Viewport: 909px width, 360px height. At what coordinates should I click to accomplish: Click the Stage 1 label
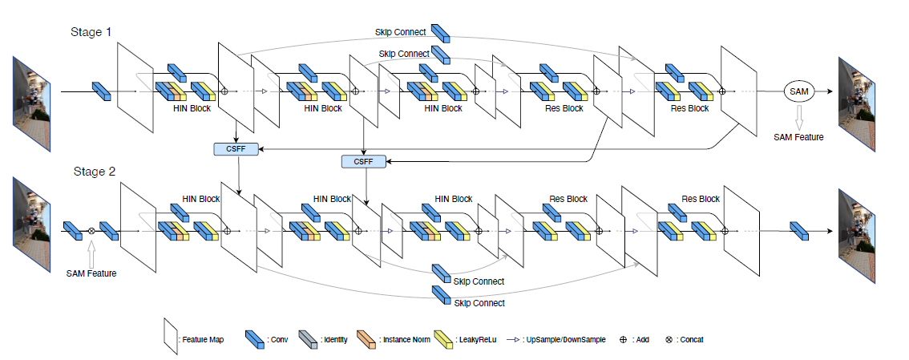(90, 33)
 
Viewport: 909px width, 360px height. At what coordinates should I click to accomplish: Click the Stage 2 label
(95, 172)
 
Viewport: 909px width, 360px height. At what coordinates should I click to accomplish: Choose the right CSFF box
(363, 161)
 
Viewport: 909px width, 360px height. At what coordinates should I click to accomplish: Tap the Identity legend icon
(308, 339)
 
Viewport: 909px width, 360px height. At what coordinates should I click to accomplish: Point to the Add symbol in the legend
(623, 340)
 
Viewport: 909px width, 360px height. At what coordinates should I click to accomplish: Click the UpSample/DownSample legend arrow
(515, 340)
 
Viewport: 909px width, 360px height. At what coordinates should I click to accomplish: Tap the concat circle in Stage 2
(91, 232)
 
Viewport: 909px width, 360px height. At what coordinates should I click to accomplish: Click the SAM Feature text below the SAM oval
(798, 137)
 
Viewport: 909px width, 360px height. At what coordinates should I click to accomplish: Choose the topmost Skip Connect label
(401, 32)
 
